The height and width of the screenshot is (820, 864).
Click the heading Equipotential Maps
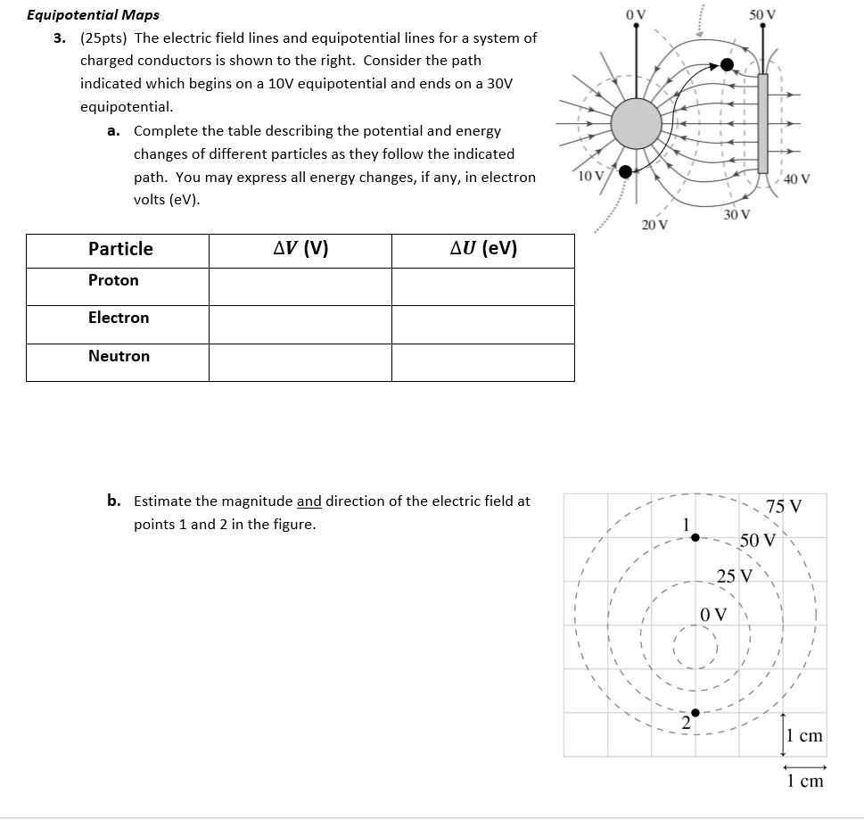[94, 15]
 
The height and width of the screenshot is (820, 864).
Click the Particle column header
[120, 249]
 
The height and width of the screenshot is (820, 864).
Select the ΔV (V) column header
[300, 249]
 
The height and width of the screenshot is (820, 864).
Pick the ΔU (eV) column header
[483, 249]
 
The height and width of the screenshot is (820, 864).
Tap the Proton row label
[113, 280]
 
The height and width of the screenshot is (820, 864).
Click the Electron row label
[119, 318]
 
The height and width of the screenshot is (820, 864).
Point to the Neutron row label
[119, 356]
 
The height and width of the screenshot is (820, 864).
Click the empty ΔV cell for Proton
[300, 286]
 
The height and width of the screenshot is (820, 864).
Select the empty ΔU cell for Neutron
[483, 362]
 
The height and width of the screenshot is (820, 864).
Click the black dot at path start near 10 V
[626, 171]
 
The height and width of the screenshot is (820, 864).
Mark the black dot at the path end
[728, 64]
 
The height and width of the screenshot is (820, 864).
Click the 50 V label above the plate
[762, 14]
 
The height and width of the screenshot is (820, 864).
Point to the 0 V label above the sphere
[636, 14]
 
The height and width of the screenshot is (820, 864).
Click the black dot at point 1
[695, 537]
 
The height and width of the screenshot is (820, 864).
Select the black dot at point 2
[695, 712]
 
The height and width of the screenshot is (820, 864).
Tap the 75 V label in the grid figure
[784, 507]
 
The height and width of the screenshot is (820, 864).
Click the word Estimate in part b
[162, 501]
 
